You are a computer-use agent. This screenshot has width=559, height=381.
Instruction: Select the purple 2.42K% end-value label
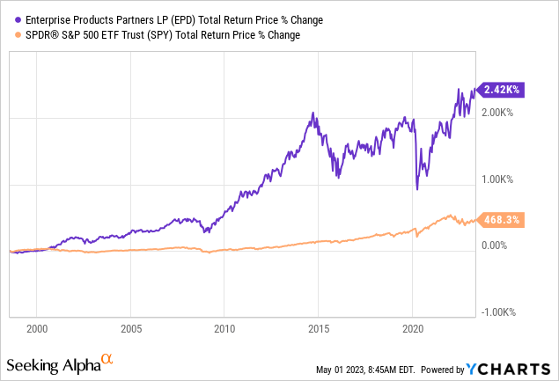pyautogui.click(x=502, y=89)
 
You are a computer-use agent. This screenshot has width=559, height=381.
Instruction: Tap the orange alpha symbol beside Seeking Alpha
pyautogui.click(x=107, y=360)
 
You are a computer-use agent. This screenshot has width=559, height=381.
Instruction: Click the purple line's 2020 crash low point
pyautogui.click(x=416, y=188)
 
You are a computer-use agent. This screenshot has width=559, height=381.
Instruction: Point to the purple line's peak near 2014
pyautogui.click(x=313, y=114)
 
